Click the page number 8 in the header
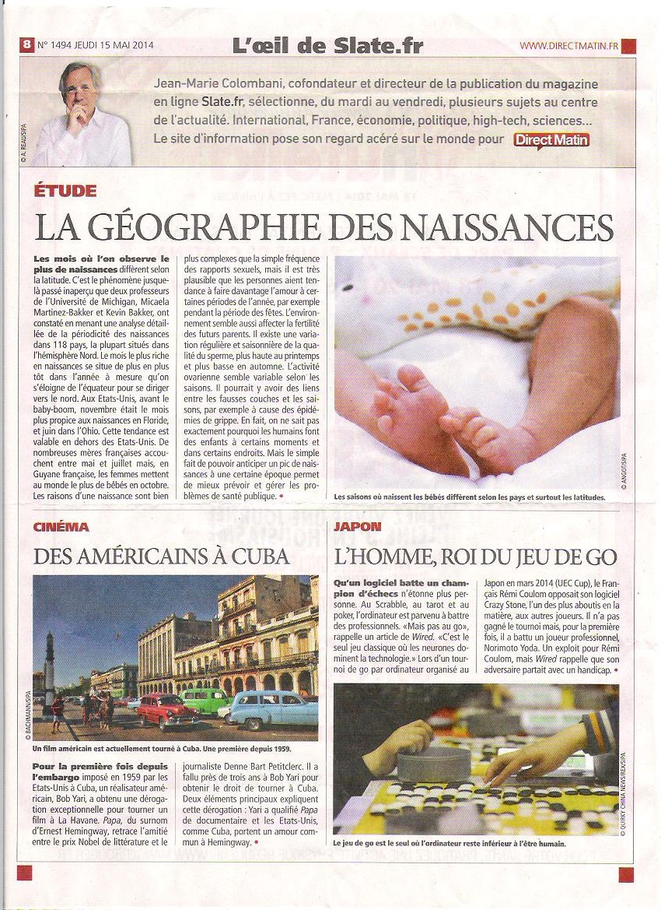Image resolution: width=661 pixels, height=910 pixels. point(26,45)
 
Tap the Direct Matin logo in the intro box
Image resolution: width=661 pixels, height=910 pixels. point(551,140)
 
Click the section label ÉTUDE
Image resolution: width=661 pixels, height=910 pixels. point(65,191)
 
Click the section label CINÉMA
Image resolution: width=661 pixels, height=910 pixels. point(61,527)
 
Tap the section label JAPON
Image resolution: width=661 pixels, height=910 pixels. point(357,527)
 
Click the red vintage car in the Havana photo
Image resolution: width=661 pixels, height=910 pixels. point(166,709)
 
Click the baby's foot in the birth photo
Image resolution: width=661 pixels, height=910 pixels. point(404,413)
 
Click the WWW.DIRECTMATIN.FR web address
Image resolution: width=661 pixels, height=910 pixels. point(568,46)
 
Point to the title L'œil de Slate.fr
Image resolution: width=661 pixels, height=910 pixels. point(327,45)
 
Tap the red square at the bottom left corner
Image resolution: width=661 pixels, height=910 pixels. point(24,873)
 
